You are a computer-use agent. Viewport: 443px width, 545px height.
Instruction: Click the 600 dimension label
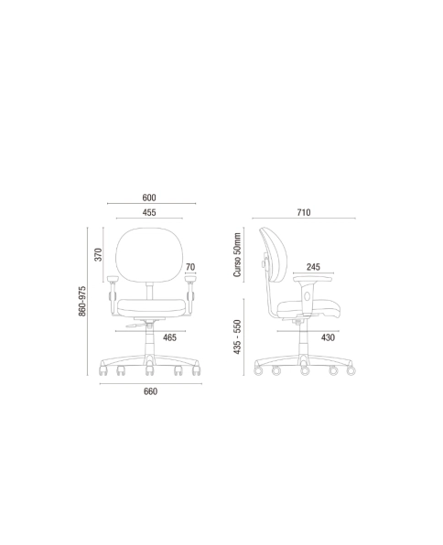click(149, 198)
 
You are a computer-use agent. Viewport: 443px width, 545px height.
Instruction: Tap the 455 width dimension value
click(149, 212)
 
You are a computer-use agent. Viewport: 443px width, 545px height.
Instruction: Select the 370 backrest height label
click(99, 255)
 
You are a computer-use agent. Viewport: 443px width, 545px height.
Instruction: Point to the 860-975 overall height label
click(82, 301)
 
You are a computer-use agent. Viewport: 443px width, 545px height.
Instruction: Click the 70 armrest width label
click(190, 267)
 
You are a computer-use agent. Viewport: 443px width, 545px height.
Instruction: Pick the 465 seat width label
click(170, 337)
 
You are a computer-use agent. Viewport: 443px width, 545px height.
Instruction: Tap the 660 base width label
click(150, 391)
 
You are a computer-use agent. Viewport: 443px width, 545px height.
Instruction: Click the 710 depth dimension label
click(304, 212)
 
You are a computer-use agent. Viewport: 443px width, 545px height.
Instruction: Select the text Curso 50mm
click(237, 255)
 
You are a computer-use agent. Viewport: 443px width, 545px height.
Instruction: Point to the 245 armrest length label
click(313, 267)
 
